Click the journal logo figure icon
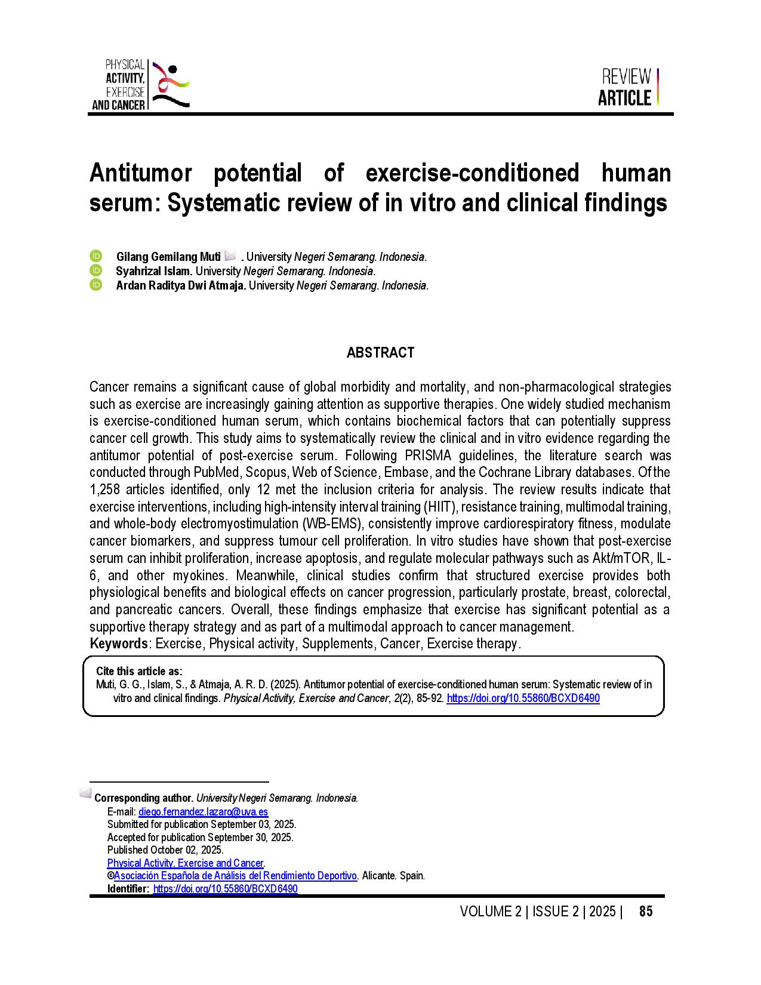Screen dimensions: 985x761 pyautogui.click(x=170, y=85)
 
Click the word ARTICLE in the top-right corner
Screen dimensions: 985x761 pyautogui.click(x=624, y=98)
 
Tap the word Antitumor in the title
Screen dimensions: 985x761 pyautogui.click(x=141, y=173)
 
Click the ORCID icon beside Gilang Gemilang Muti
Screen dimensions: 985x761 pyautogui.click(x=96, y=256)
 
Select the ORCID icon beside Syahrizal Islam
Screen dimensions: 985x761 pyautogui.click(x=96, y=270)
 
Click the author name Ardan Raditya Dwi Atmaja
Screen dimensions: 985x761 pyautogui.click(x=181, y=285)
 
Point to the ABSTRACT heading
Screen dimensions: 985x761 pyautogui.click(x=380, y=353)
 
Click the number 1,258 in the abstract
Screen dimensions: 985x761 pyautogui.click(x=105, y=490)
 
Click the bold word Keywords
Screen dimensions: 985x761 pyautogui.click(x=119, y=644)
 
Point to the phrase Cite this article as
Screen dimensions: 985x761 pyautogui.click(x=139, y=671)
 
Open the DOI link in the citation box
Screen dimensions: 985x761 pyautogui.click(x=523, y=698)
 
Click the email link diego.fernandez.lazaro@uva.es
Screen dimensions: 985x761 pyautogui.click(x=203, y=811)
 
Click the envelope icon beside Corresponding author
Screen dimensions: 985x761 pyautogui.click(x=85, y=794)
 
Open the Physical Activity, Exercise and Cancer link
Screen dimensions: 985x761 pyautogui.click(x=185, y=863)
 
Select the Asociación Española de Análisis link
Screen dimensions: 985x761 pyautogui.click(x=235, y=876)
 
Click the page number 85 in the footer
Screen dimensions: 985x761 pyautogui.click(x=646, y=912)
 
